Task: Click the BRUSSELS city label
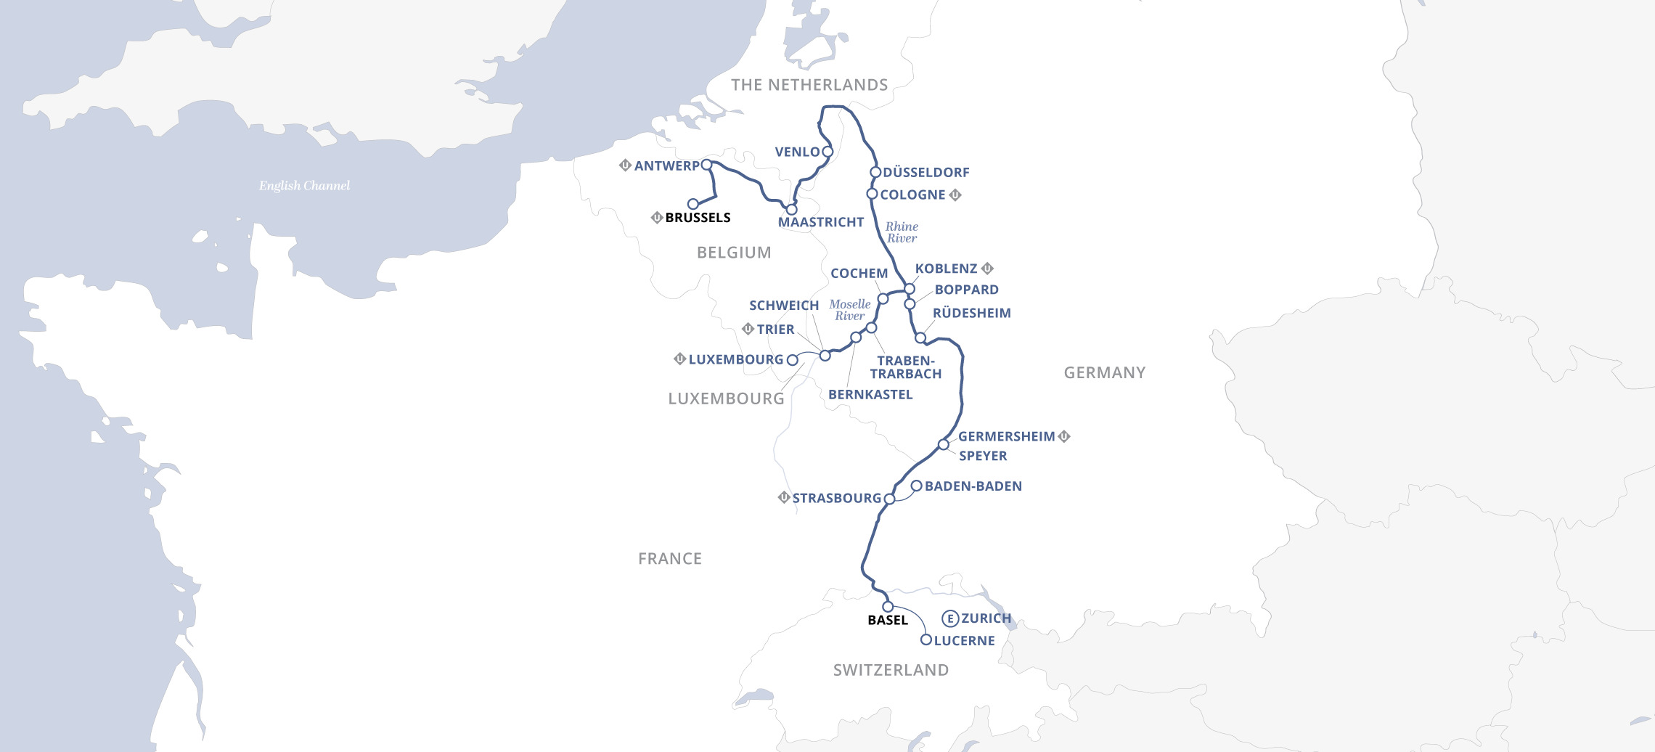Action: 698,218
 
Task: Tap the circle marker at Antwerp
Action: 706,165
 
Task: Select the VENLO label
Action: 797,152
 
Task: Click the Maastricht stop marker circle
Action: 792,210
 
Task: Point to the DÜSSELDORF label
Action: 926,173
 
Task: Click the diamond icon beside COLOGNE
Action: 955,195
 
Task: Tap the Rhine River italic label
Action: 902,232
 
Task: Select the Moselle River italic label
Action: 850,310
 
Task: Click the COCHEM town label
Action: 859,274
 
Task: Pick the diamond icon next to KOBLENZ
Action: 987,269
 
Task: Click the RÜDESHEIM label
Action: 971,314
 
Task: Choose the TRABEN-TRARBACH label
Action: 906,367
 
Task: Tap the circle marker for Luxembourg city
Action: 793,360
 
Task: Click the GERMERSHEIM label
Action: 1006,437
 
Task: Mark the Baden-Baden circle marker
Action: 917,486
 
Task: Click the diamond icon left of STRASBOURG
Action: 784,498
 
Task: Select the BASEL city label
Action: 888,621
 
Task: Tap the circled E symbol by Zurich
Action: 950,618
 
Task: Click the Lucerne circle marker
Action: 925,640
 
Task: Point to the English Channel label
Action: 304,186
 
